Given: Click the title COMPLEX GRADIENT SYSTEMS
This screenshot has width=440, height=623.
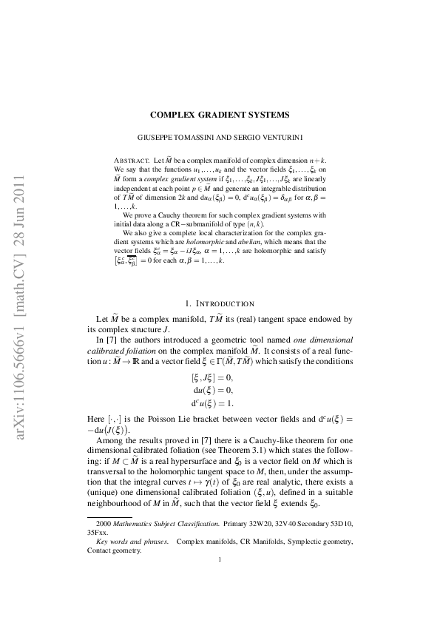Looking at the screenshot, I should point(220,115).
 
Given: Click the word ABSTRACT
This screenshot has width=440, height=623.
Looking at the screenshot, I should point(131,160).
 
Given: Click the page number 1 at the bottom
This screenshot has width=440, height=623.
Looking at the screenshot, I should point(220,601).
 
